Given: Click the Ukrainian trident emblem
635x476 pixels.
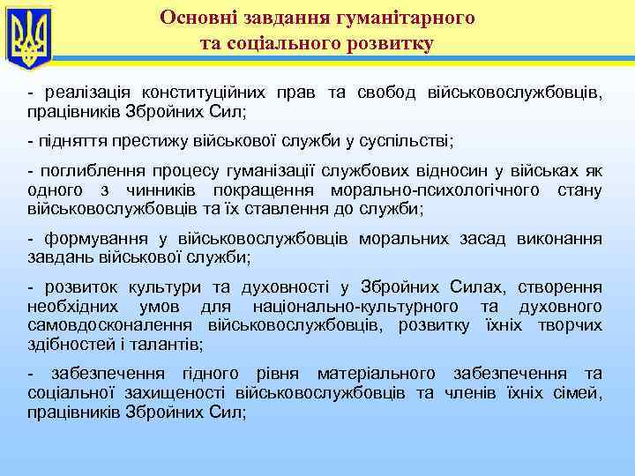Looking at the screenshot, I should [x=28, y=36].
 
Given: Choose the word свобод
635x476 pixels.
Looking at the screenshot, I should [x=386, y=94].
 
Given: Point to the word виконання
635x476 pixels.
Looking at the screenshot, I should [x=562, y=239].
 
